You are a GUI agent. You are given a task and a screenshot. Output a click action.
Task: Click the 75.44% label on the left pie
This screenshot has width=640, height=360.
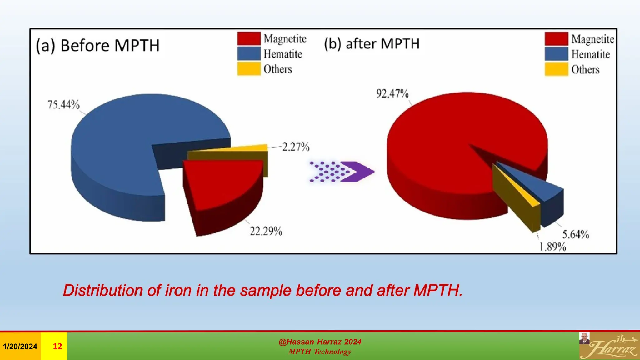[x=63, y=104]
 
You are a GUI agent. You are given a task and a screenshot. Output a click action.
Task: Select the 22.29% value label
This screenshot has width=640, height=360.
[x=266, y=231]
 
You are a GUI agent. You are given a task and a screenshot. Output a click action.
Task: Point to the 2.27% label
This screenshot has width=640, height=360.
[x=296, y=147]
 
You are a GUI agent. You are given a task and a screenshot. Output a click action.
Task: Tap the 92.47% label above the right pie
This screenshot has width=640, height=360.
[x=392, y=93]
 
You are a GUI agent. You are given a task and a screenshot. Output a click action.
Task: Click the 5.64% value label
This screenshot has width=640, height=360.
[x=576, y=234]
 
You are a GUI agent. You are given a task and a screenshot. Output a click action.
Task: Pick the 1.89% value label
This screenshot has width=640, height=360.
[x=552, y=247]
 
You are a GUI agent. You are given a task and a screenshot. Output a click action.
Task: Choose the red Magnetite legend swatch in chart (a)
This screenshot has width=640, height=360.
[x=249, y=39]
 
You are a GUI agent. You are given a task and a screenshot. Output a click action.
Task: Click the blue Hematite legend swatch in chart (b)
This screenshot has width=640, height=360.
[x=556, y=54]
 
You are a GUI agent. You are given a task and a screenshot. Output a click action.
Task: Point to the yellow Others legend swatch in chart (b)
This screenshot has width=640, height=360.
[x=556, y=69]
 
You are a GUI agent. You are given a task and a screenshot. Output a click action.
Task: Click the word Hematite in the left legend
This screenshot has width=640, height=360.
[x=283, y=54]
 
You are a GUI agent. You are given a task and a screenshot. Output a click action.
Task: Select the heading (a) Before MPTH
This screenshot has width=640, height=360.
[x=98, y=46]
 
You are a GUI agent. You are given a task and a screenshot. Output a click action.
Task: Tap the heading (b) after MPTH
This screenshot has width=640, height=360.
[x=372, y=44]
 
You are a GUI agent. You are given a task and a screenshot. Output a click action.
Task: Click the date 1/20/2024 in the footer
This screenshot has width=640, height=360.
[x=20, y=347]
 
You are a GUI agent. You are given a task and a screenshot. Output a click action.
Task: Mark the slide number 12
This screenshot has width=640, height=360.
[x=57, y=346]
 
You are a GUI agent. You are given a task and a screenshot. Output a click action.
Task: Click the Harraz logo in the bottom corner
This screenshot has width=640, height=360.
[x=609, y=346]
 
